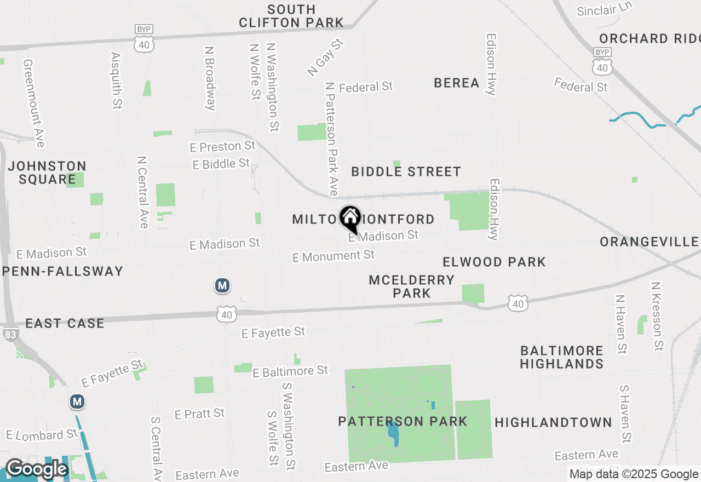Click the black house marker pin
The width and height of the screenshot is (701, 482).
pyautogui.click(x=350, y=219)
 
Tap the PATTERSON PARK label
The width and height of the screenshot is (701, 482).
pyautogui.click(x=403, y=421)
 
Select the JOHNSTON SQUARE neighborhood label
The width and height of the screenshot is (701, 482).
pyautogui.click(x=47, y=173)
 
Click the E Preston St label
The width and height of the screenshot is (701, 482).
pyautogui.click(x=222, y=147)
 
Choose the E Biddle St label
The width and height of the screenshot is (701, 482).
pyautogui.click(x=221, y=164)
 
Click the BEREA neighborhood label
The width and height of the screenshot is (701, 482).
pyautogui.click(x=457, y=83)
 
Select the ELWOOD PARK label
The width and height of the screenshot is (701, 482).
pyautogui.click(x=494, y=262)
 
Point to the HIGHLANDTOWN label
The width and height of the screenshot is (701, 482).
pyautogui.click(x=553, y=422)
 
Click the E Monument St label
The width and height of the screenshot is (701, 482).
pyautogui.click(x=334, y=256)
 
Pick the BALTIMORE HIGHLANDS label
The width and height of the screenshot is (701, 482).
pyautogui.click(x=562, y=357)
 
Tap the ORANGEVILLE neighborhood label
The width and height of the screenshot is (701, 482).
pyautogui.click(x=649, y=242)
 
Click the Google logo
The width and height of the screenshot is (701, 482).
pyautogui.click(x=36, y=469)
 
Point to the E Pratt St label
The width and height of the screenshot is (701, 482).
pyautogui.click(x=199, y=414)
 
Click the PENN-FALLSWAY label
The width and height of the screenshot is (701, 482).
pyautogui.click(x=62, y=271)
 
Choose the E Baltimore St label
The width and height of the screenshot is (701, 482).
pyautogui.click(x=290, y=372)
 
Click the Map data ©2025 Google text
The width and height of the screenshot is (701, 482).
pyautogui.click(x=634, y=474)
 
